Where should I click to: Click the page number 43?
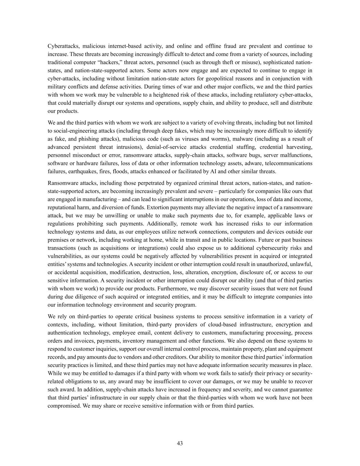[180, 443]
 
